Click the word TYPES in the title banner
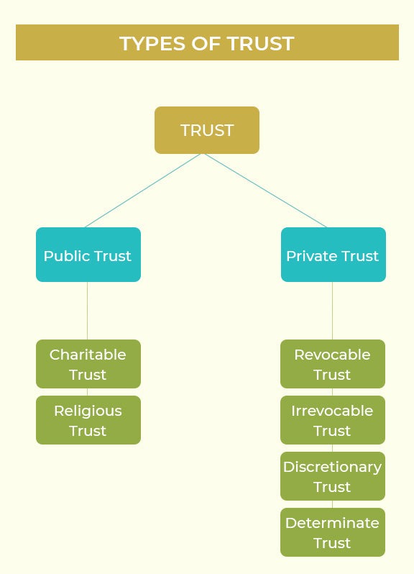point(153,44)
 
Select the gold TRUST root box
point(207,130)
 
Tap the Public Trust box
point(88,255)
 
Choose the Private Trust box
point(333,255)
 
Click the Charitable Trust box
point(88,364)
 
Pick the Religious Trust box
point(88,420)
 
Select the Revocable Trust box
point(333,364)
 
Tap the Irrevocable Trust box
point(333,420)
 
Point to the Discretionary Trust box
point(333,476)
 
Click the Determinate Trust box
point(333,532)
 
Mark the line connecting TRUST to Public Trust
point(143,191)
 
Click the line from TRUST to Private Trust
point(266,191)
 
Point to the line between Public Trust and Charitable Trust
point(87,311)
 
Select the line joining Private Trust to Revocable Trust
point(332,311)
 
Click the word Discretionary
point(333,468)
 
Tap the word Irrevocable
point(332,411)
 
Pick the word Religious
point(88,411)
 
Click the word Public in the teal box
point(67,256)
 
